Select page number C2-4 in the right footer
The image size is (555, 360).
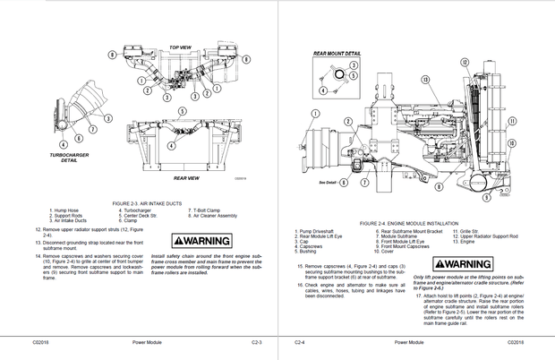[x=300, y=342]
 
